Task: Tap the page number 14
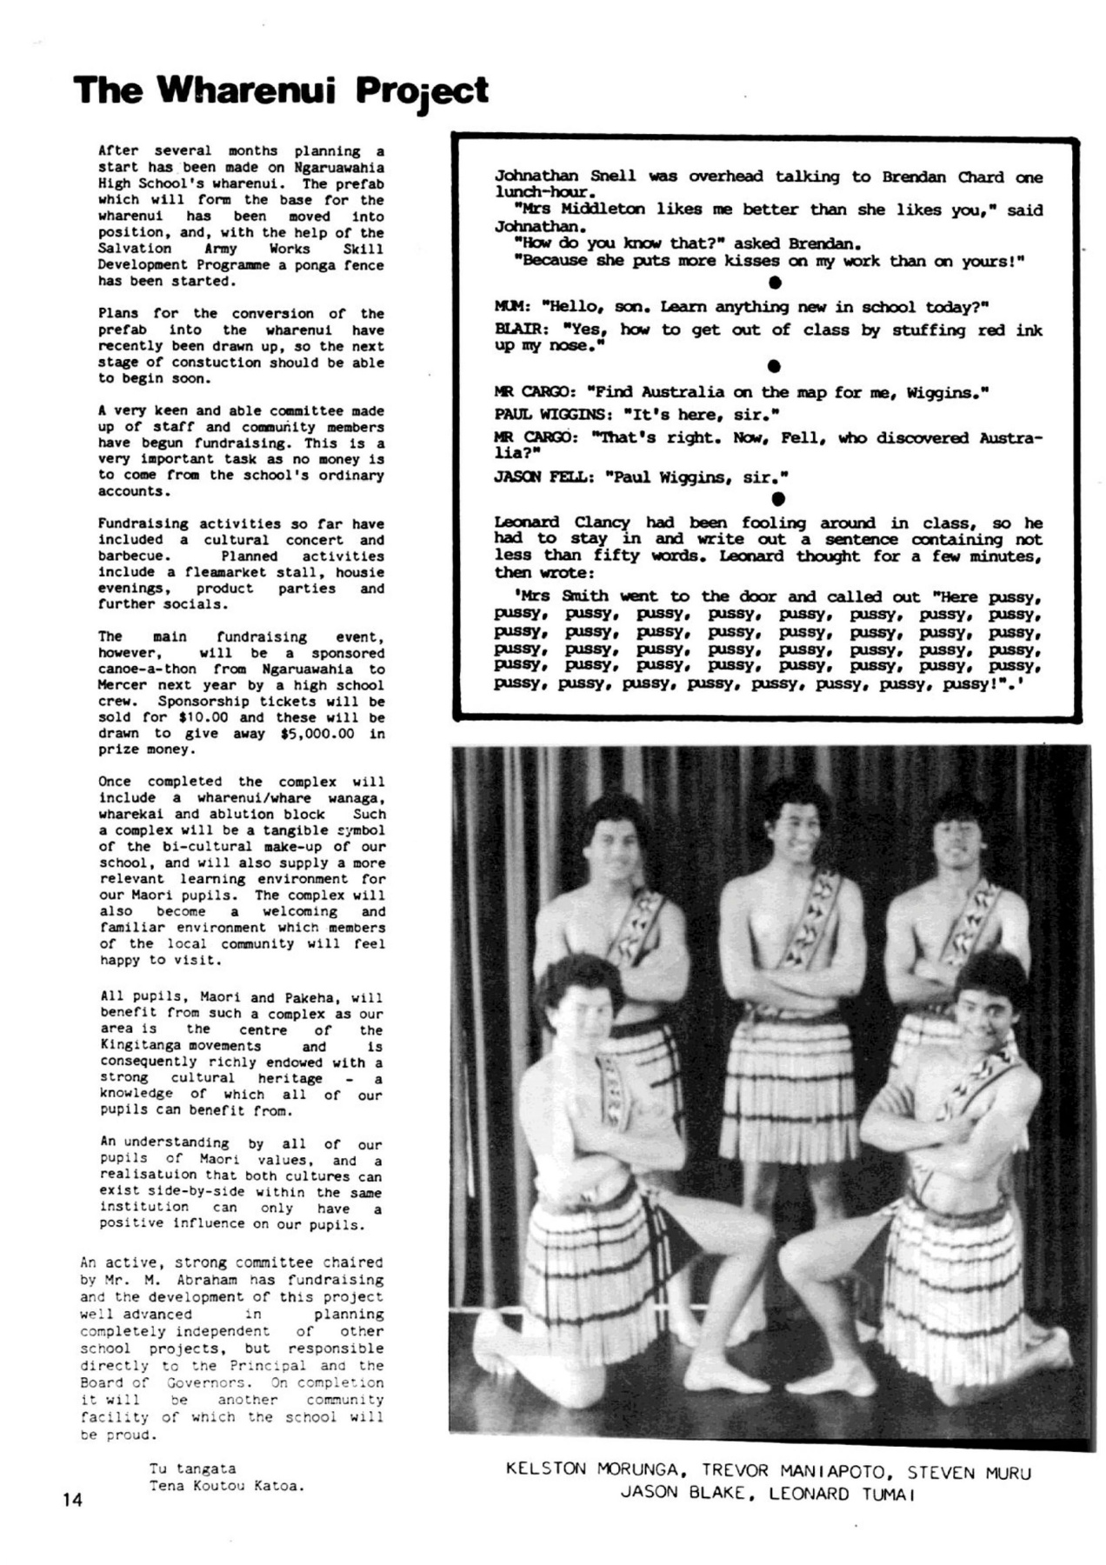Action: pos(72,1498)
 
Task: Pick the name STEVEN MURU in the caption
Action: pos(969,1472)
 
